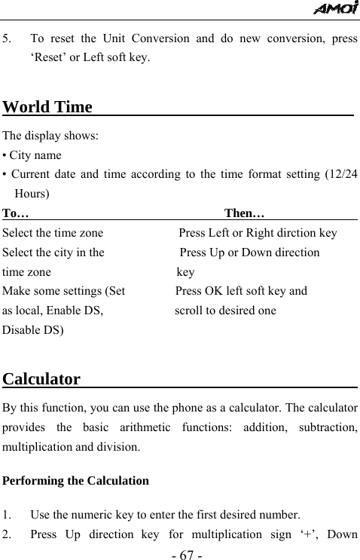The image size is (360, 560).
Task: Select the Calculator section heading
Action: coord(42,378)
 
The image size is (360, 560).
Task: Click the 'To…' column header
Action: coord(16,213)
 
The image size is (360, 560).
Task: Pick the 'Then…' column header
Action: coord(243,213)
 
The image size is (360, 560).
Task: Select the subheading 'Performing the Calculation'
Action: coord(76,480)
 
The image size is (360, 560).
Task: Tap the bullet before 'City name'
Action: coord(5,156)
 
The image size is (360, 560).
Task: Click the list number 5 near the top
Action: coord(6,38)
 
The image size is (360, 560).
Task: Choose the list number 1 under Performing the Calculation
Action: coord(6,516)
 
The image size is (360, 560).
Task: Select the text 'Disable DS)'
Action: coord(33,330)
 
